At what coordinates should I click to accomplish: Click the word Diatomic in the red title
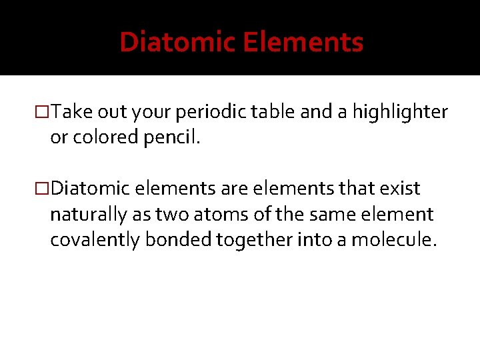[x=178, y=43]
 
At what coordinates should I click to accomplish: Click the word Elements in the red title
[x=303, y=43]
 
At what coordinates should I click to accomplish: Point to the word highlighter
[x=400, y=113]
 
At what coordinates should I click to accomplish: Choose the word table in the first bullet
[x=275, y=113]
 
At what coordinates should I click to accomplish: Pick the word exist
[x=401, y=189]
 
